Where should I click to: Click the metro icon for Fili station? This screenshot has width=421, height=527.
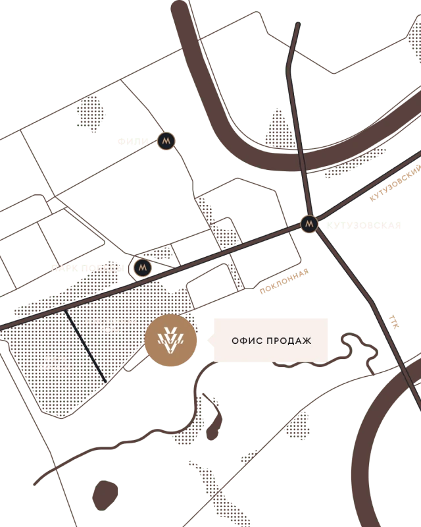(166, 141)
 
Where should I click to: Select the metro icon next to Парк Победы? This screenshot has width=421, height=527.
(143, 267)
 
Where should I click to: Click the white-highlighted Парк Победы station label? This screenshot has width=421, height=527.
(87, 268)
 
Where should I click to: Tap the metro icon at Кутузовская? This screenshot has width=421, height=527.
(309, 224)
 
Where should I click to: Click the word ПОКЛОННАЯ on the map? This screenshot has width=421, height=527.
(111, 321)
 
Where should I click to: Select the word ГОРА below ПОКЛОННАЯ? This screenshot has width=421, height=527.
(111, 330)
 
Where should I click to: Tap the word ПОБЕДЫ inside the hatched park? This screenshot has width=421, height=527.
(55, 367)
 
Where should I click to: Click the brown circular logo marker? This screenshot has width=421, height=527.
(170, 341)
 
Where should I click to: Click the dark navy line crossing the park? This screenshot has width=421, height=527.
(86, 347)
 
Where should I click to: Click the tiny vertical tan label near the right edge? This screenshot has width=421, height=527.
(394, 321)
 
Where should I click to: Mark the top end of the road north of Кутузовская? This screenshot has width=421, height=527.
(297, 24)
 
